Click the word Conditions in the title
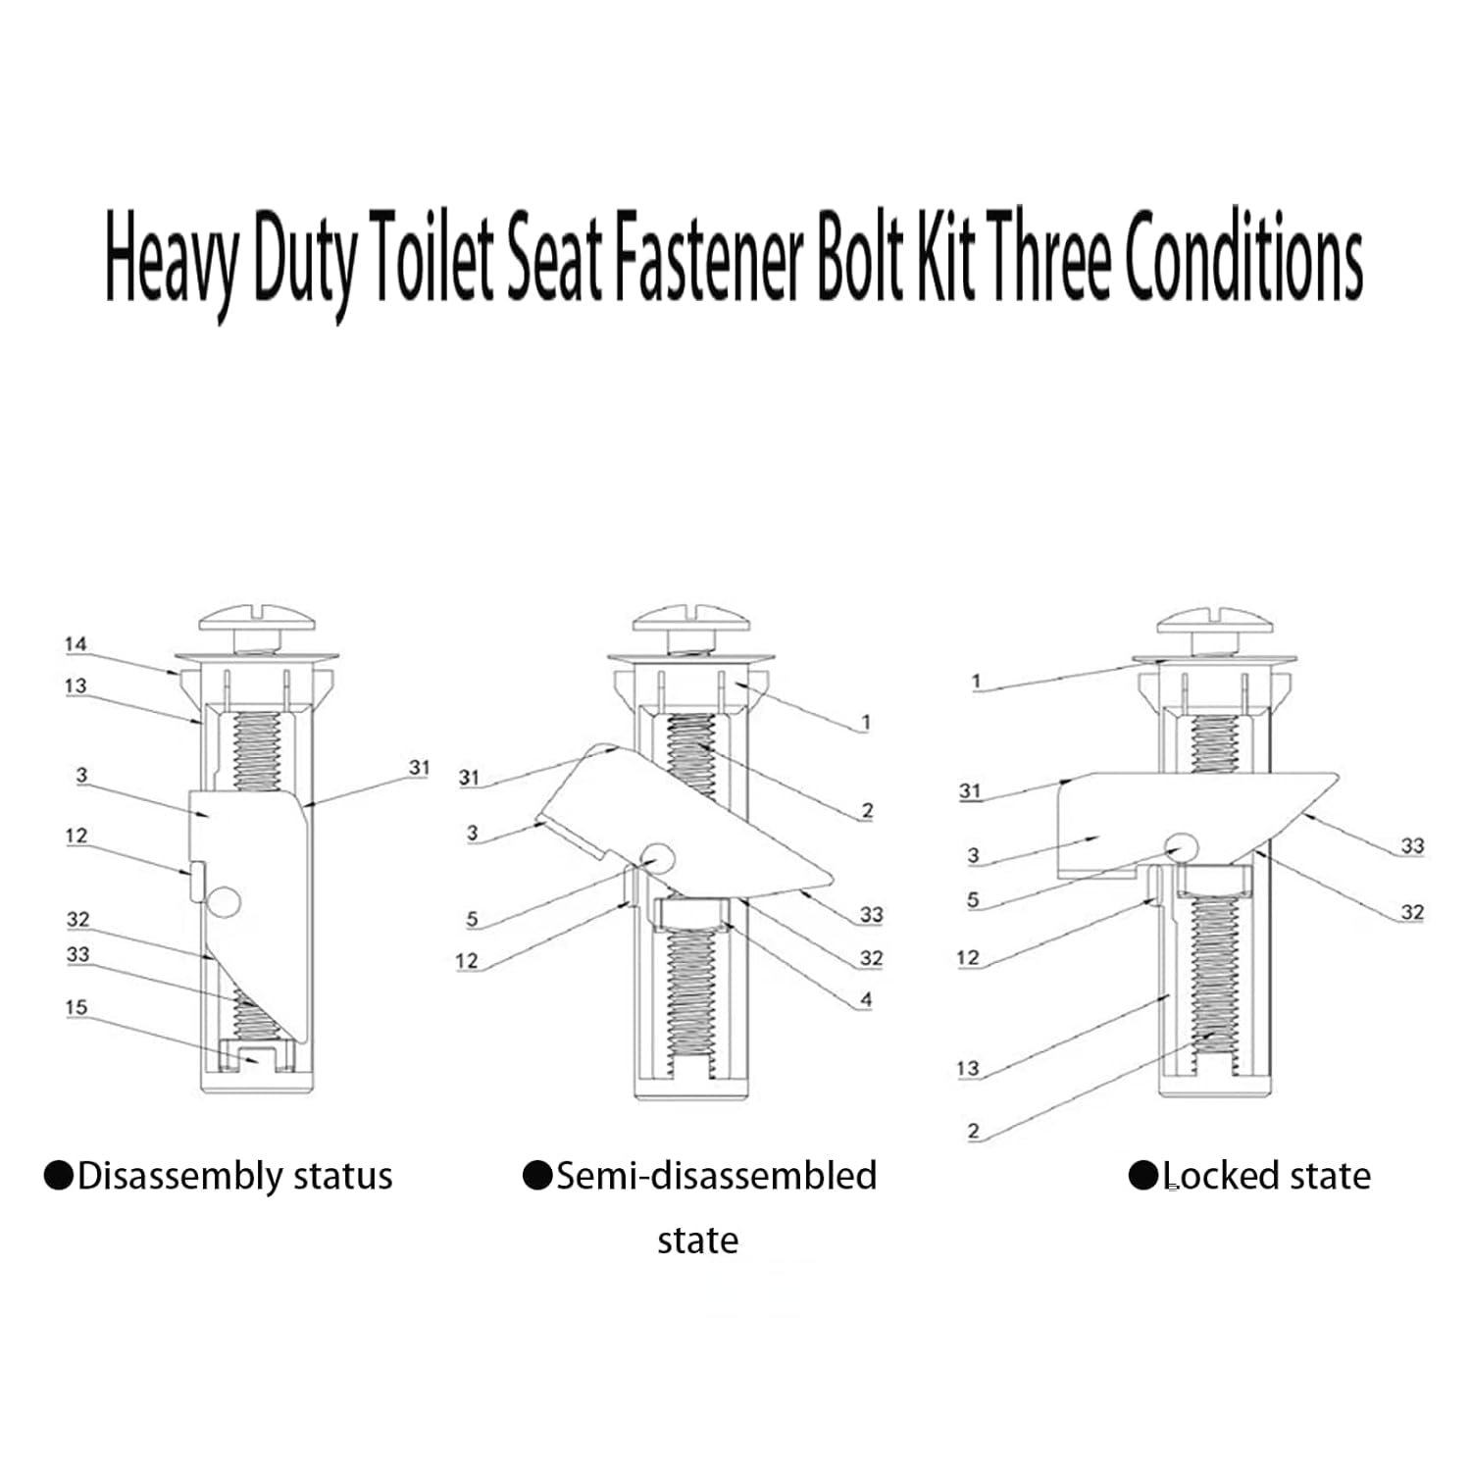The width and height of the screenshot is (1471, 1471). coord(1243,257)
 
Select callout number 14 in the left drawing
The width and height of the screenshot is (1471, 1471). coord(76,644)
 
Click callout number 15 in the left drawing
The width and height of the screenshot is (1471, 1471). coord(76,1007)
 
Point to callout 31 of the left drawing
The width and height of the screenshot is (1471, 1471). coord(420,767)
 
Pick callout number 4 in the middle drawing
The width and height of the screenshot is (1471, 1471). coord(866,1000)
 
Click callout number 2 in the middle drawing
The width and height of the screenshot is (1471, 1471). coord(867,810)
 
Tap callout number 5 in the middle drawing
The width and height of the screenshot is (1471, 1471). coord(472,919)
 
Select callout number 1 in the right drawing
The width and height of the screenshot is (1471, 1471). coord(976,682)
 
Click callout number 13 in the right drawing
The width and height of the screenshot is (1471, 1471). coord(968,1068)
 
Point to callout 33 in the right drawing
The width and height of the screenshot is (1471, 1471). coord(1412,845)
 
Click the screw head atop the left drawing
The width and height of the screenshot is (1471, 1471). coord(257,621)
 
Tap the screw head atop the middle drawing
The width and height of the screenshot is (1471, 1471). coord(691,621)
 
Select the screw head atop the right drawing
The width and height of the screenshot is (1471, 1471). coord(1216,621)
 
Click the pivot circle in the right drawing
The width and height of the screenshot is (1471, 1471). coord(1181,848)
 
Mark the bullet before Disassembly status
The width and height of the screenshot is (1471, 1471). coord(59,1175)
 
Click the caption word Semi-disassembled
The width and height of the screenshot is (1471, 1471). coord(716,1175)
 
